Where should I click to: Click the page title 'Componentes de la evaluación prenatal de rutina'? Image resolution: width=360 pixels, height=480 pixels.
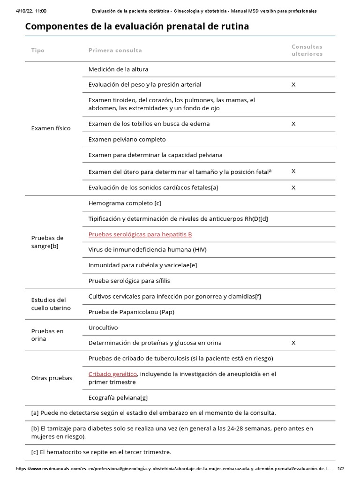pos(137,27)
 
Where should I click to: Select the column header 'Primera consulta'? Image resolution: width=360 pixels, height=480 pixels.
pos(115,50)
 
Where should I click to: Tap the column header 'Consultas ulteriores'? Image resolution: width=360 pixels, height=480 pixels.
pos(307,50)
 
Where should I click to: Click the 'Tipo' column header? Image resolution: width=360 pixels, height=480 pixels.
pos(37,50)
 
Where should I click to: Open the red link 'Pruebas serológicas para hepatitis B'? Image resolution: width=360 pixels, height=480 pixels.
pos(140,234)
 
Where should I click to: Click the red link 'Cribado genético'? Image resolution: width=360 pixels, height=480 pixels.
pos(112,374)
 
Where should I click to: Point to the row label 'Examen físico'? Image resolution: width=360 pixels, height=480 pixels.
pos(51,128)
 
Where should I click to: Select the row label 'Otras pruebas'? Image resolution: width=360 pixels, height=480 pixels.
pos(52,378)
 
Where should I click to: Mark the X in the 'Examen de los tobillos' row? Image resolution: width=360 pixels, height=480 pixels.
pos(293,124)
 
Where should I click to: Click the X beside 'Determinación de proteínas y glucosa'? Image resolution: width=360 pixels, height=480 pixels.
pos(293,343)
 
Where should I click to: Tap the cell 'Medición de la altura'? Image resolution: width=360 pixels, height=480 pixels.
pos(118,69)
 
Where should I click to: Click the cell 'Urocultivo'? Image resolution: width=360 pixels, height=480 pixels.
pos(103,327)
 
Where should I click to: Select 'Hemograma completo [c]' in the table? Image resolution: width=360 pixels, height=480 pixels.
pos(124,203)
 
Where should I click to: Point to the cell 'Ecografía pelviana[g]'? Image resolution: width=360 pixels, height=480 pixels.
pos(118,397)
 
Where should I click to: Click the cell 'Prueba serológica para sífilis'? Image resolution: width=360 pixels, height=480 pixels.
pos(129,281)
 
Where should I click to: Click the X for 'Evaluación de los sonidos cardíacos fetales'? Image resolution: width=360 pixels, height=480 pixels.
pos(293,187)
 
